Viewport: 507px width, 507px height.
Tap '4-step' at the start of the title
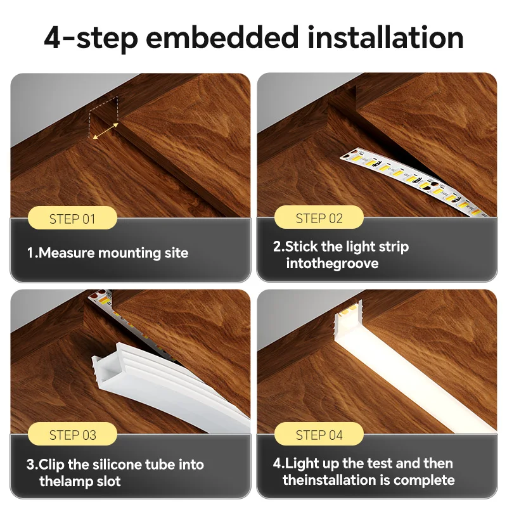point(90,37)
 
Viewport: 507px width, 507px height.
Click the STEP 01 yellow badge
point(72,219)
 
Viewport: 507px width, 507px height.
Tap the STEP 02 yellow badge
point(319,219)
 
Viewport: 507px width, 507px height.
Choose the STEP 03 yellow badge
point(72,435)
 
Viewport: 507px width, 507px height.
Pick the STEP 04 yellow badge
point(319,435)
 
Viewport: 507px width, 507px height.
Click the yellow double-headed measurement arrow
point(106,131)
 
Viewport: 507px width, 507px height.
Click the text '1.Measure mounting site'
point(107,253)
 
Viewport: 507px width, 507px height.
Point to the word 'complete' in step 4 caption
point(424,480)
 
